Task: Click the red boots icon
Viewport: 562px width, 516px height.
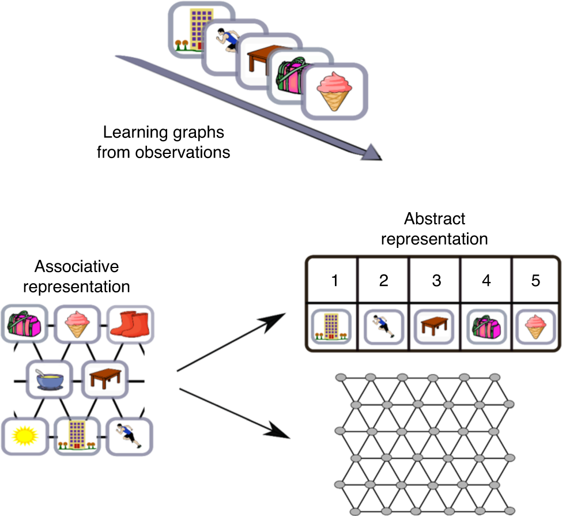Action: (x=129, y=325)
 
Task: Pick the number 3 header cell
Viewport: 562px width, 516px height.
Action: (x=435, y=281)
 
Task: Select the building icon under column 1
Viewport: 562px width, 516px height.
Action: (x=333, y=326)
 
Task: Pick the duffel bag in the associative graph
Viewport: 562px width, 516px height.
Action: (x=23, y=325)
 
